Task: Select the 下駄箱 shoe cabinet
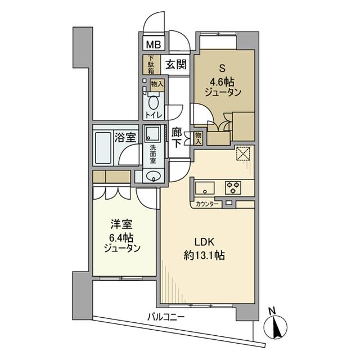150,65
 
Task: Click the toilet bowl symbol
154,104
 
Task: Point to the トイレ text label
154,115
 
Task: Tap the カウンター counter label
208,204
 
